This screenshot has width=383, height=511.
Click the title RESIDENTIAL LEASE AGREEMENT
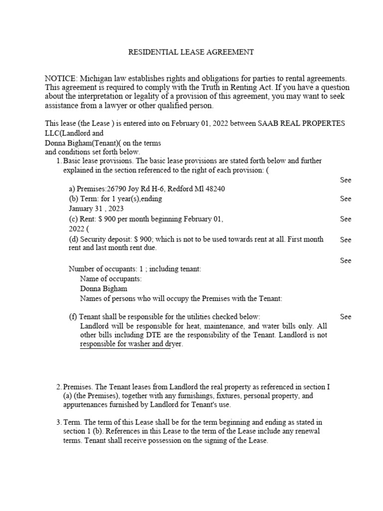[191, 51]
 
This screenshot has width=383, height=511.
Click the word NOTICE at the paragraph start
[60, 79]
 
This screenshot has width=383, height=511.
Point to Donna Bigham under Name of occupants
[103, 288]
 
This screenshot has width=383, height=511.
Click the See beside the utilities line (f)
[346, 316]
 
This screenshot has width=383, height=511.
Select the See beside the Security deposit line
[346, 240]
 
